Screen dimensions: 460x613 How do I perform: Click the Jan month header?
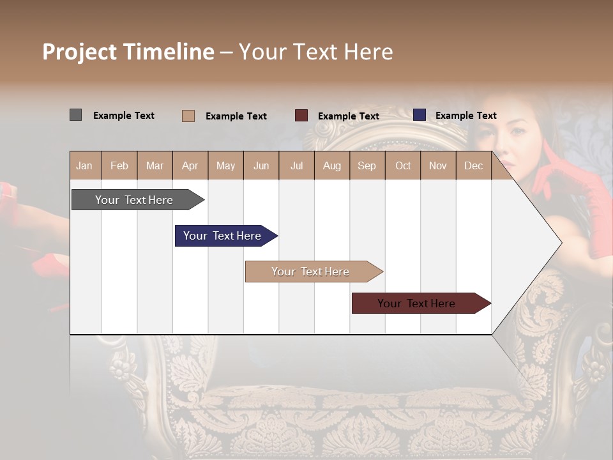pos(84,165)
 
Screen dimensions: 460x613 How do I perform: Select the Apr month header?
pos(190,165)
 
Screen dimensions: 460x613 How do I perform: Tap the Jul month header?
pos(296,165)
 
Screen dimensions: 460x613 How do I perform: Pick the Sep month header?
pos(367,165)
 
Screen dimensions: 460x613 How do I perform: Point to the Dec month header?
pos(473,165)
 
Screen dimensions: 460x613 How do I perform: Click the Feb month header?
pos(119,165)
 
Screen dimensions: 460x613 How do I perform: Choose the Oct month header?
pos(403,165)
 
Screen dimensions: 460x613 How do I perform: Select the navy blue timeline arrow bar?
pos(223,236)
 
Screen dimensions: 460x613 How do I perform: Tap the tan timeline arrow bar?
pos(312,272)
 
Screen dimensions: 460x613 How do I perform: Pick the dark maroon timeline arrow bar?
pos(418,303)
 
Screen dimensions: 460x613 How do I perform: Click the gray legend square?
pos(75,115)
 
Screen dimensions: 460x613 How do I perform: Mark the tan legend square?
pos(188,116)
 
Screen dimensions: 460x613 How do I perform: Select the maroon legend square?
pos(301,116)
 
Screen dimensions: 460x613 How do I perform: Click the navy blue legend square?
pos(419,115)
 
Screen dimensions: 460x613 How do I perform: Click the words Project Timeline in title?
pos(128,52)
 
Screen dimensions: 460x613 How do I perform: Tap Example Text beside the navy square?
pos(465,116)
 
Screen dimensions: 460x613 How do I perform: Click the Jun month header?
pos(261,165)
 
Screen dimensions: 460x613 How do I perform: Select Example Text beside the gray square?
pos(124,116)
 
